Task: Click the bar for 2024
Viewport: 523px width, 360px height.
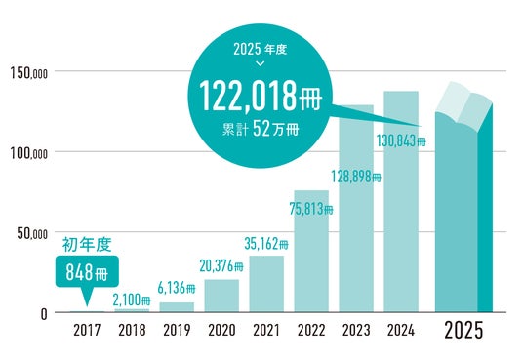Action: pyautogui.click(x=401, y=202)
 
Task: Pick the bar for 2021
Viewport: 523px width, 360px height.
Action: pyautogui.click(x=266, y=284)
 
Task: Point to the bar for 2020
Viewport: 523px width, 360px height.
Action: pyautogui.click(x=221, y=296)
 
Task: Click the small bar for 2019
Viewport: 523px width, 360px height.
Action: pyautogui.click(x=177, y=307)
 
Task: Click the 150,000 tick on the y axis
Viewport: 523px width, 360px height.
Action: pyautogui.click(x=28, y=73)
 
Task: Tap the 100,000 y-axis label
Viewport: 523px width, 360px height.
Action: pyautogui.click(x=28, y=153)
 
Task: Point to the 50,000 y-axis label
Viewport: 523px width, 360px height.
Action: pyautogui.click(x=32, y=233)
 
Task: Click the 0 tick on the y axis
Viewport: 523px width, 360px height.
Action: pyautogui.click(x=44, y=314)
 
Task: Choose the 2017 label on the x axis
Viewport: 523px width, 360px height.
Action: pyautogui.click(x=87, y=331)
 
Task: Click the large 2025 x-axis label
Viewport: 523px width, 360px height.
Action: pyautogui.click(x=463, y=331)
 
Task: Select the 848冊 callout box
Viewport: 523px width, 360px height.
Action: pyautogui.click(x=87, y=272)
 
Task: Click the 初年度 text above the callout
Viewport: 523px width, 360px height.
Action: pyautogui.click(x=87, y=245)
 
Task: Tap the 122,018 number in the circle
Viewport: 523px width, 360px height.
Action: pyautogui.click(x=248, y=97)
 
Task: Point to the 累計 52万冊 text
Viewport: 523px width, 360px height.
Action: pyautogui.click(x=261, y=129)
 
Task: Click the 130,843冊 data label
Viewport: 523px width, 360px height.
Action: pyautogui.click(x=401, y=140)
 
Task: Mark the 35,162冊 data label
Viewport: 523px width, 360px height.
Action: pyautogui.click(x=266, y=244)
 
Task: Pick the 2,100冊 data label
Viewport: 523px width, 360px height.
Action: pyautogui.click(x=132, y=300)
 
